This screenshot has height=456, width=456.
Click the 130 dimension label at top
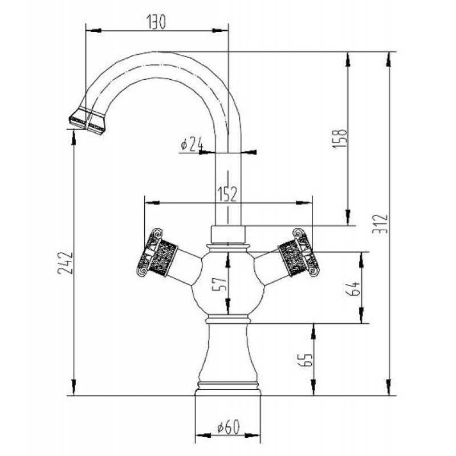click(x=156, y=22)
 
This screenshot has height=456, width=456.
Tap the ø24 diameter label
click(x=192, y=145)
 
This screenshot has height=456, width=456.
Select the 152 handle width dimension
click(x=227, y=194)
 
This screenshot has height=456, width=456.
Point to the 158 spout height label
click(x=340, y=139)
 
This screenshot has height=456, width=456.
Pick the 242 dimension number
click(x=65, y=263)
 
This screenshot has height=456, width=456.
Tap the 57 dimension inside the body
click(x=219, y=284)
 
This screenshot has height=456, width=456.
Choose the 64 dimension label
click(x=353, y=288)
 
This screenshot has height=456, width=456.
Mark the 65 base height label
click(x=305, y=360)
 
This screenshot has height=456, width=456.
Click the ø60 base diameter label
click(x=229, y=427)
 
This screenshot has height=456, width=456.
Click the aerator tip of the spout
click(x=87, y=121)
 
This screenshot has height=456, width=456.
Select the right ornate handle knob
click(x=299, y=252)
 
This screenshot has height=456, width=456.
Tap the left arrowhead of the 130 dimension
click(x=93, y=30)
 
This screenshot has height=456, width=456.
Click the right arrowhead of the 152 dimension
click(x=304, y=203)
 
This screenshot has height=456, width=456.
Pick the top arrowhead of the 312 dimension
click(x=389, y=60)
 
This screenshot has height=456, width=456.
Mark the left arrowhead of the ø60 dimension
click(x=203, y=435)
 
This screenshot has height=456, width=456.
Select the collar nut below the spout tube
click(x=228, y=234)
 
